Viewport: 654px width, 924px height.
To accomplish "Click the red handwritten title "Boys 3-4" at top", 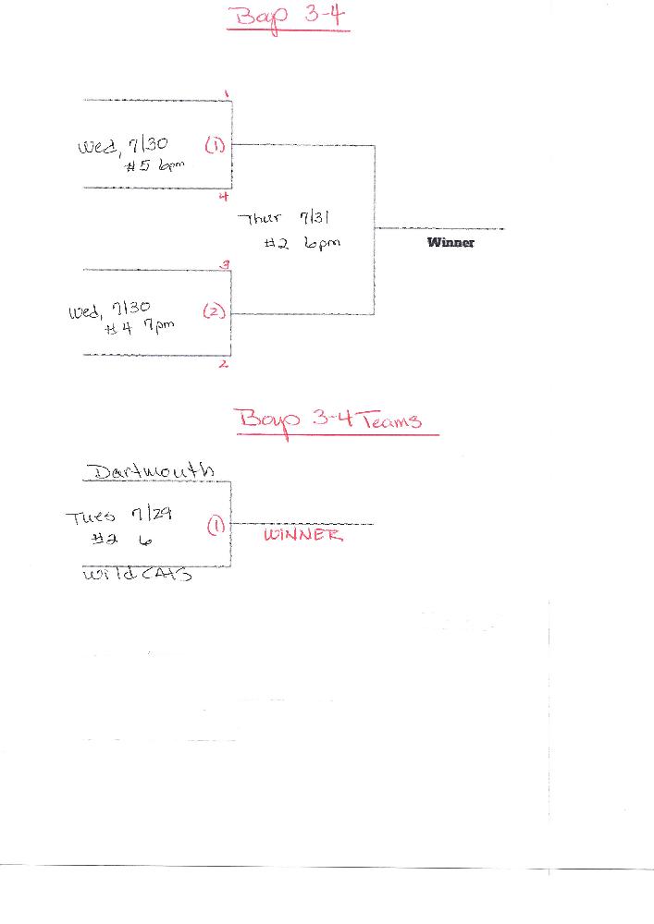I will click(x=288, y=18).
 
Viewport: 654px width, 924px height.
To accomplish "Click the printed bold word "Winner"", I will click(x=450, y=243).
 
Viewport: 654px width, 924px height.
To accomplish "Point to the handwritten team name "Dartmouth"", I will click(x=150, y=472).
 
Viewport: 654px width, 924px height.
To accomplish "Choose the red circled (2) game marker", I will click(x=214, y=312).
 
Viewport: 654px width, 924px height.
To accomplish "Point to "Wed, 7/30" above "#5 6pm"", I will click(x=123, y=146).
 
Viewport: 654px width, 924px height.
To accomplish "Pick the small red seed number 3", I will click(x=225, y=265).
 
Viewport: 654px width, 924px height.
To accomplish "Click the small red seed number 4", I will click(x=223, y=195).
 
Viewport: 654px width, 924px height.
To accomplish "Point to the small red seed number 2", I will click(x=224, y=364).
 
